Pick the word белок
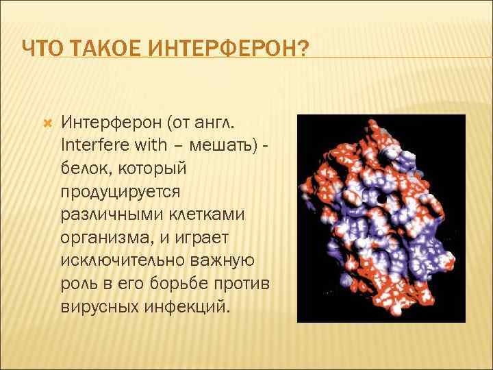[85, 168]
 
